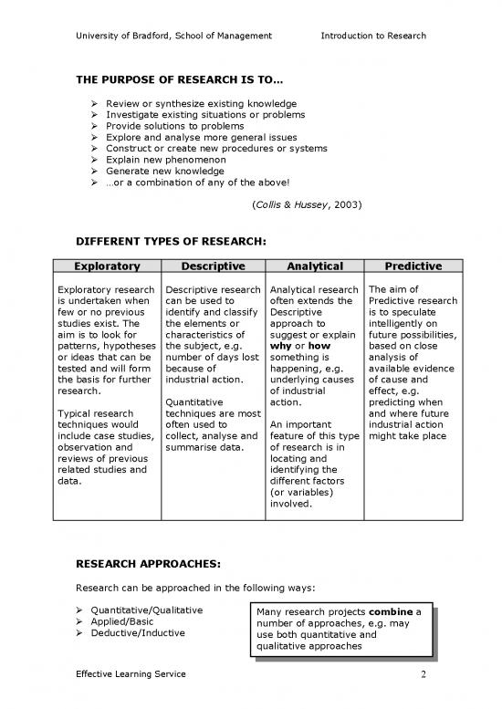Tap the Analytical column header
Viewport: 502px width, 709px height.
tap(314, 266)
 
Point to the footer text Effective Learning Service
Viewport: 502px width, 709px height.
tap(131, 673)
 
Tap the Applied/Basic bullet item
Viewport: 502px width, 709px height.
tap(136, 621)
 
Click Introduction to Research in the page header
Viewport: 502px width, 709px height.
tap(373, 36)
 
